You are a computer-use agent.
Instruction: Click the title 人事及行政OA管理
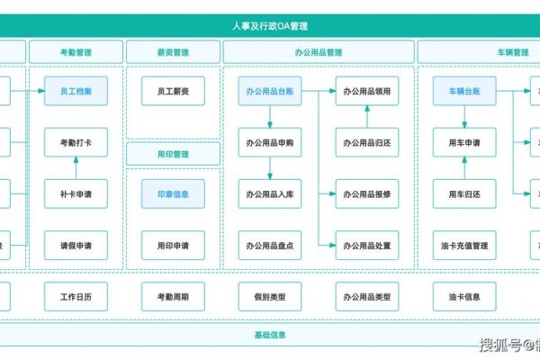[270, 27]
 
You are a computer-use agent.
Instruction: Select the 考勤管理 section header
[76, 52]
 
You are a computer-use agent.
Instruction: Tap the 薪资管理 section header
[172, 52]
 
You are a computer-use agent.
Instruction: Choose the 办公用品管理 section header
[319, 52]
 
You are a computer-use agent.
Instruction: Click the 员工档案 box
[76, 91]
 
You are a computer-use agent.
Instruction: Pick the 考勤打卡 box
[76, 142]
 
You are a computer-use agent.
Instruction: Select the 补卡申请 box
[76, 193]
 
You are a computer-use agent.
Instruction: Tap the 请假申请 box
[76, 245]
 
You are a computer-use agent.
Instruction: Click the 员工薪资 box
[172, 91]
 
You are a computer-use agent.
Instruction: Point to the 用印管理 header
[172, 154]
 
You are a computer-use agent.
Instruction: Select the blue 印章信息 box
[172, 193]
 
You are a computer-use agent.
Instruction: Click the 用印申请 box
[172, 245]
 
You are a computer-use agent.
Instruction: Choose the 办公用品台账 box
[270, 91]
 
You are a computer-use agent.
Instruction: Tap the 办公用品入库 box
[270, 193]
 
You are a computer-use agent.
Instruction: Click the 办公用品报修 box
[367, 193]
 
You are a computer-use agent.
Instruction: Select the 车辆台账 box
[464, 91]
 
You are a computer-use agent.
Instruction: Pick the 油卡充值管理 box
[464, 245]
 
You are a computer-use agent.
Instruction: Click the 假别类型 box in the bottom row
[270, 296]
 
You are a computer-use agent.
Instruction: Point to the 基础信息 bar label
[270, 335]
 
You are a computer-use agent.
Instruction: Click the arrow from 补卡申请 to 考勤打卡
[76, 168]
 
